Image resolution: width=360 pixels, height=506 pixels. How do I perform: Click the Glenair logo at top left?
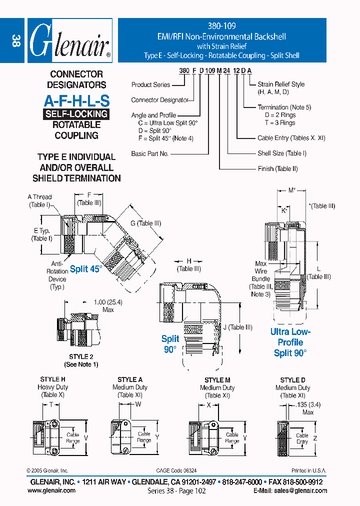[68, 41]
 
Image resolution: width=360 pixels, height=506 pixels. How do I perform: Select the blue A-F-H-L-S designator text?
[76, 100]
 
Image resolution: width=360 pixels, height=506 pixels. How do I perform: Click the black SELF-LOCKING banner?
[76, 114]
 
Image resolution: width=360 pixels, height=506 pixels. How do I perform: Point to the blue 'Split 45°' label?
[86, 269]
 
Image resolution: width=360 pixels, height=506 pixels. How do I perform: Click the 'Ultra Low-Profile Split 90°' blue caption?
[290, 342]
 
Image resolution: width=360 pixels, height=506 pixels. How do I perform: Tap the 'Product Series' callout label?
[151, 85]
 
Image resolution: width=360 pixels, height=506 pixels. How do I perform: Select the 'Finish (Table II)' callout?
[277, 169]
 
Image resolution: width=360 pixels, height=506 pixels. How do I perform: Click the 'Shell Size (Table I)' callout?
[282, 153]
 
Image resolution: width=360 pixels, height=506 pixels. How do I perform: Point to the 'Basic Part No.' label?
[150, 154]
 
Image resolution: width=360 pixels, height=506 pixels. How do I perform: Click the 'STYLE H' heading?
[53, 380]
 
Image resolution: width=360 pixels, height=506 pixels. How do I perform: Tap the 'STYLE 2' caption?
[81, 357]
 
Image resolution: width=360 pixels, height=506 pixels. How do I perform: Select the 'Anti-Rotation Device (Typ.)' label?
[57, 275]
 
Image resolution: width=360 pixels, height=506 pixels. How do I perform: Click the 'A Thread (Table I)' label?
[39, 201]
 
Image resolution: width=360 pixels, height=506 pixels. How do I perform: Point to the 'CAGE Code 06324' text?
[176, 471]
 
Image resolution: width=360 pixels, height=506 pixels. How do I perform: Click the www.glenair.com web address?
[51, 490]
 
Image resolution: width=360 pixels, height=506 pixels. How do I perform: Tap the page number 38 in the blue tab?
[15, 41]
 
